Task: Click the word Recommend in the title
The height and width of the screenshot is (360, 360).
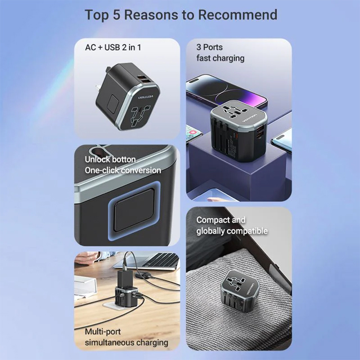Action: click(x=237, y=15)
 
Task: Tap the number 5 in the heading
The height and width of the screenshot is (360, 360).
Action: click(x=116, y=15)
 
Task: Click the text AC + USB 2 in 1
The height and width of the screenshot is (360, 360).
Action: click(x=113, y=47)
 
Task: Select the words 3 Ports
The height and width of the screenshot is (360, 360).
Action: click(x=209, y=47)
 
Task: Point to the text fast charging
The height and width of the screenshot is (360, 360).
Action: click(x=220, y=58)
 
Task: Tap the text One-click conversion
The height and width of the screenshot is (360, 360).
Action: click(x=123, y=170)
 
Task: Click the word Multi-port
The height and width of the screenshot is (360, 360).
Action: click(x=102, y=331)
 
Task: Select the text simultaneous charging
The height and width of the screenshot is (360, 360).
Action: click(x=127, y=343)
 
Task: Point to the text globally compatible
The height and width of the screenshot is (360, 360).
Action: click(x=232, y=231)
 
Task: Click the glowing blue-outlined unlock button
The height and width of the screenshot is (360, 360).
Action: click(x=134, y=210)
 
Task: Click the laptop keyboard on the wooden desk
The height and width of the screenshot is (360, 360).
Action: click(x=161, y=260)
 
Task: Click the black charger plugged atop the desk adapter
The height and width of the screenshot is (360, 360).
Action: click(x=125, y=279)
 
